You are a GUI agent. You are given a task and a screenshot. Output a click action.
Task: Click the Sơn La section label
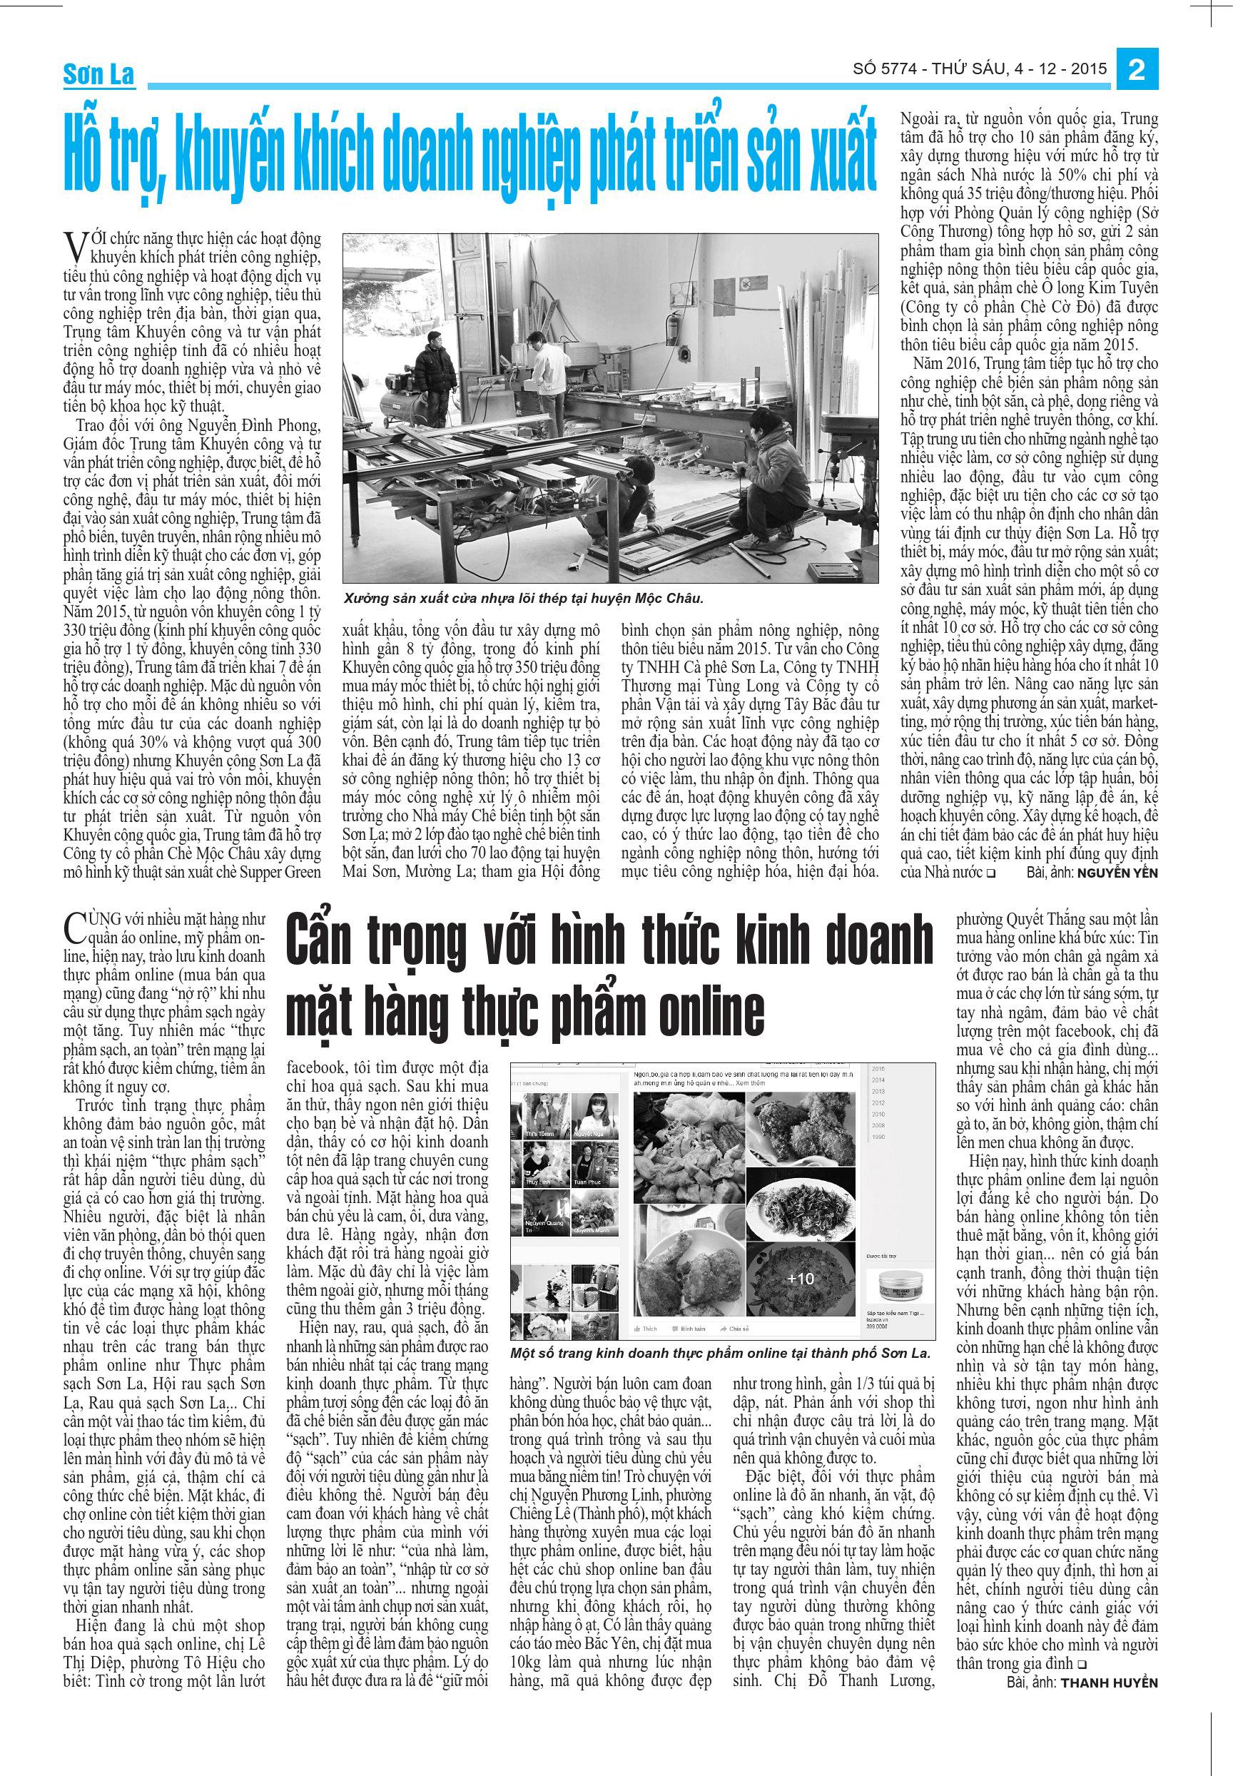point(98,75)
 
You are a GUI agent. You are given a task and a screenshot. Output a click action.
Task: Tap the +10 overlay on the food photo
point(800,1279)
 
